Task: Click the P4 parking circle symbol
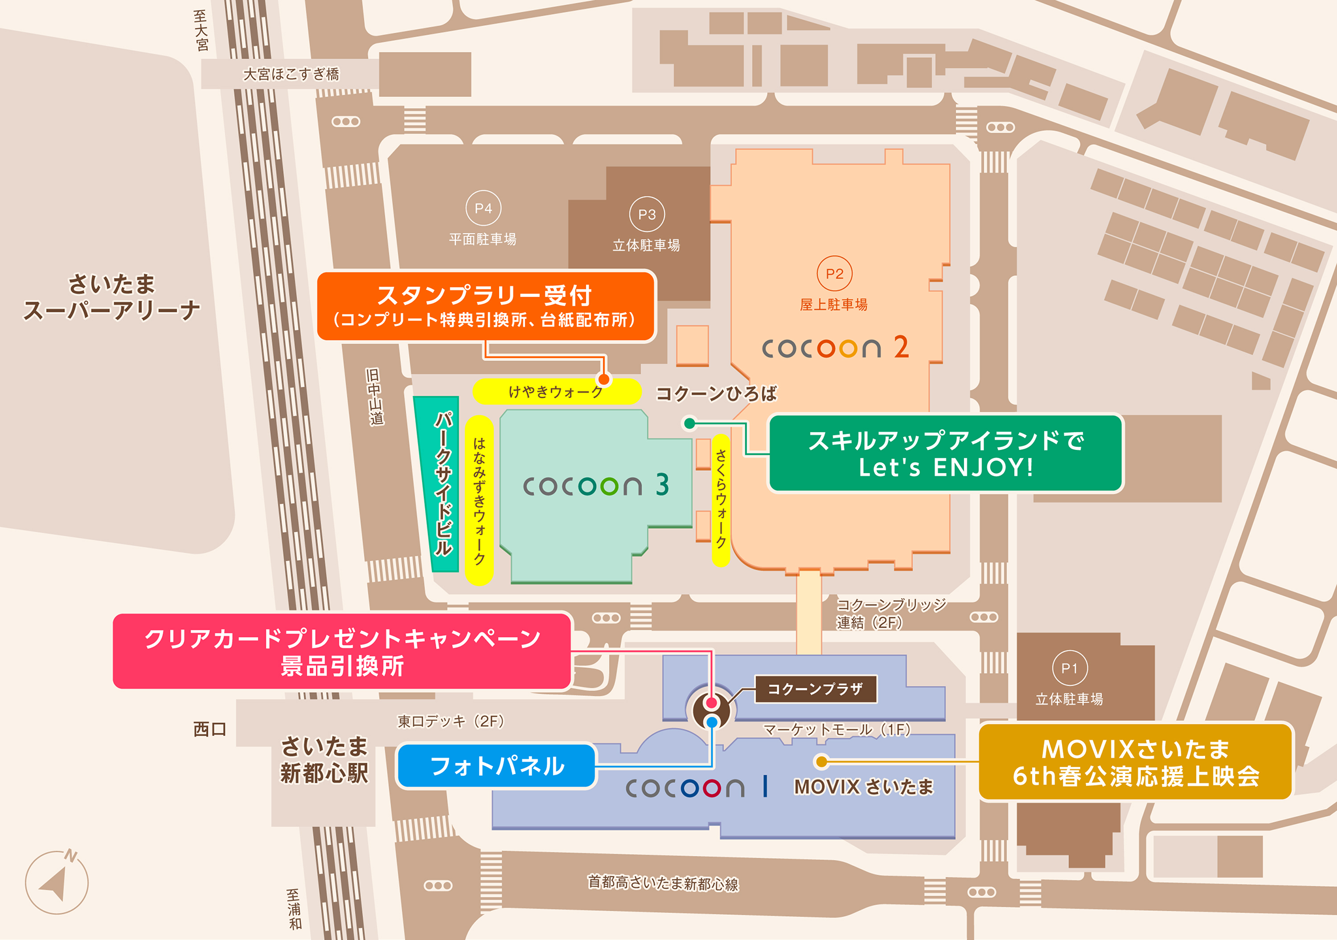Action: click(483, 208)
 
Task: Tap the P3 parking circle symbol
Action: click(647, 214)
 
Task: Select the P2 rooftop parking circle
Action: click(834, 273)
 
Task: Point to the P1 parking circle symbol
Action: click(1070, 668)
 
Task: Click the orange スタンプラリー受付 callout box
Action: click(486, 306)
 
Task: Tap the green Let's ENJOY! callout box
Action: click(945, 454)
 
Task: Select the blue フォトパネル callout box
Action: click(496, 766)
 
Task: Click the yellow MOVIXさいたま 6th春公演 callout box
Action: click(1136, 762)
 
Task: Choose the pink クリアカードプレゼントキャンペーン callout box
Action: click(342, 651)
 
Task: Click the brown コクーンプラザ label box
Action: click(815, 689)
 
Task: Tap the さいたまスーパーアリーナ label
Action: click(112, 297)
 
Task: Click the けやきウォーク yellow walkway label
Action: click(556, 391)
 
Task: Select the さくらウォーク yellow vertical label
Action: click(722, 500)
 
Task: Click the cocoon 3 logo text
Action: click(596, 485)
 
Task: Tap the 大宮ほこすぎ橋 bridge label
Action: click(291, 74)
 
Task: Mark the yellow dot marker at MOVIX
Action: click(821, 761)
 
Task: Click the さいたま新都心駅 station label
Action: click(324, 759)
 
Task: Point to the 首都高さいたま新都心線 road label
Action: click(663, 883)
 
